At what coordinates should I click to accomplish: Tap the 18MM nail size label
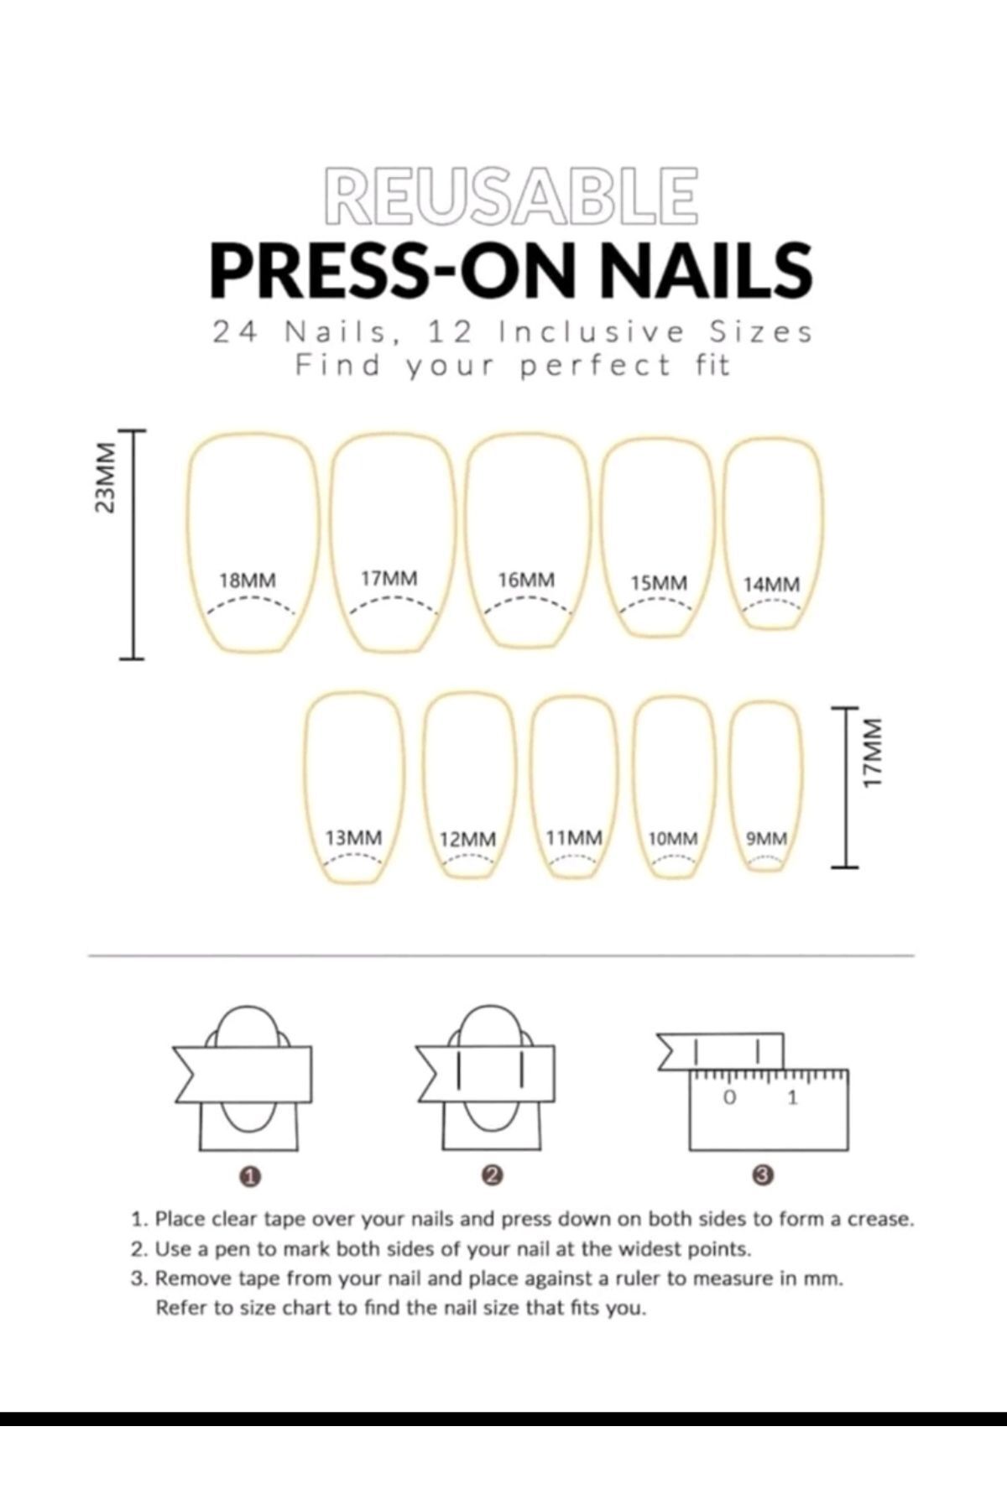coord(247,580)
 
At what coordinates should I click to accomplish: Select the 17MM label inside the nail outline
coord(389,578)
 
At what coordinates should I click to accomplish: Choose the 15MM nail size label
coord(659,582)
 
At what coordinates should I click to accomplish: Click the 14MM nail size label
coord(771,584)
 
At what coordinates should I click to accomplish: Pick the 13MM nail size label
coord(353,837)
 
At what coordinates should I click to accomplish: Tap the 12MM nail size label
coord(467,839)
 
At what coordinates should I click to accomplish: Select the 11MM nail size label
coord(574,837)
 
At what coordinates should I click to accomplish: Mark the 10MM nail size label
coord(673,838)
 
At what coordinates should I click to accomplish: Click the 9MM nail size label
coord(767,838)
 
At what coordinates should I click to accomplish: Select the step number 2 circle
coord(493,1175)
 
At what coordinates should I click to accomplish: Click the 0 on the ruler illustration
coord(729,1096)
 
